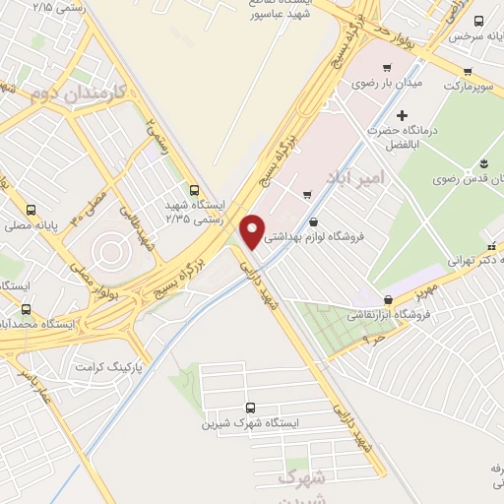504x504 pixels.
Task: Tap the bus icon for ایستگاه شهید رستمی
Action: [x=194, y=191]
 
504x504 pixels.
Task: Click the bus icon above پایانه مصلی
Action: [x=32, y=210]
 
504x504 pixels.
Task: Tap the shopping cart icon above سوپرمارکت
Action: [x=467, y=71]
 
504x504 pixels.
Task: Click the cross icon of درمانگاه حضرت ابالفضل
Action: [x=402, y=116]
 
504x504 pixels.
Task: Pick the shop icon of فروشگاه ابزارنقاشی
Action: [x=388, y=300]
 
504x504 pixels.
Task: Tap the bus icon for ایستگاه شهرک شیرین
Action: [x=248, y=407]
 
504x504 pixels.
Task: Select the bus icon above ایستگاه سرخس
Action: [x=478, y=22]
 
